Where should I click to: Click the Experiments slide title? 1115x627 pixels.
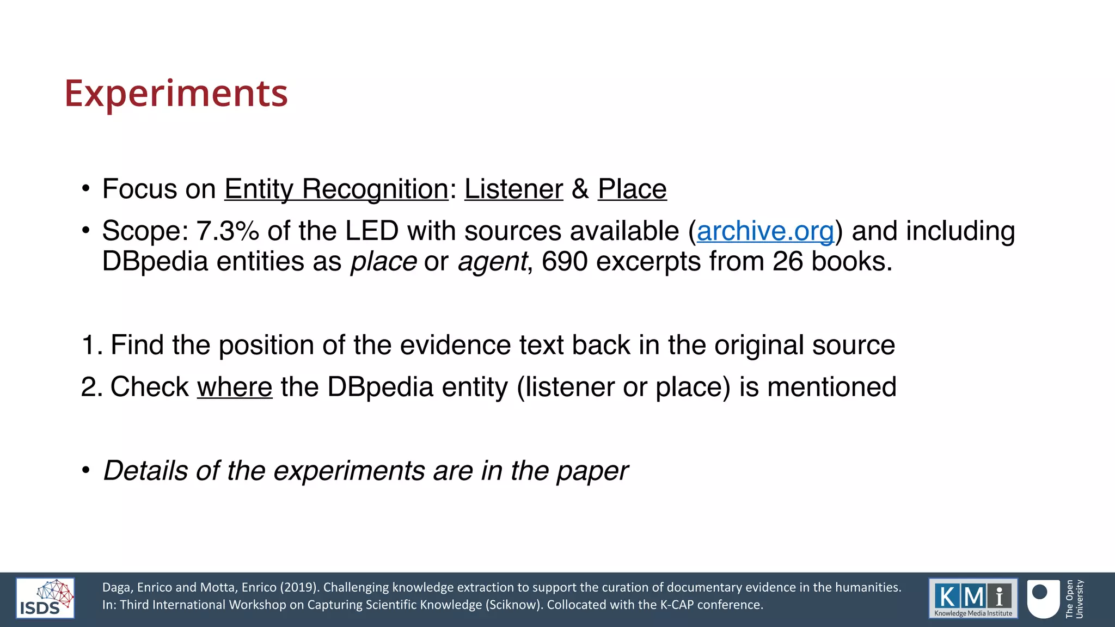(x=176, y=94)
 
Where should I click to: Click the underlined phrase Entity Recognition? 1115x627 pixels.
(x=336, y=189)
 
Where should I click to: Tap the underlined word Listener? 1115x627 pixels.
(x=513, y=189)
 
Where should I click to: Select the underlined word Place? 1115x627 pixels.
(x=632, y=189)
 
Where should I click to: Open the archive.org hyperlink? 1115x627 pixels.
(x=765, y=231)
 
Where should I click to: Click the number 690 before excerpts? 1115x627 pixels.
(x=564, y=262)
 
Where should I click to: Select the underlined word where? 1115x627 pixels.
(x=235, y=388)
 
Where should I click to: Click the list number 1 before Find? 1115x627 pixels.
(x=89, y=346)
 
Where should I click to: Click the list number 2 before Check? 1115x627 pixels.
(x=89, y=388)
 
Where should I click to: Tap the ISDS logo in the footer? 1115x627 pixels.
(x=45, y=599)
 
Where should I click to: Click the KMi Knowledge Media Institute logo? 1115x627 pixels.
(x=973, y=598)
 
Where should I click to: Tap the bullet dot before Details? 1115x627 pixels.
(x=85, y=470)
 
